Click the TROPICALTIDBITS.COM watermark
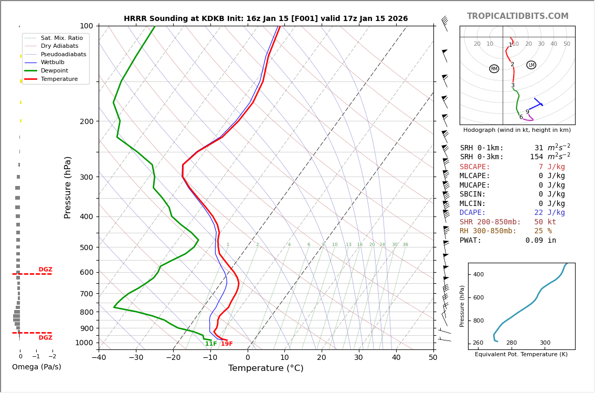click(517, 16)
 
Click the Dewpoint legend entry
click(55, 70)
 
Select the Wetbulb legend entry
click(54, 63)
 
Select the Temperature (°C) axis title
click(265, 368)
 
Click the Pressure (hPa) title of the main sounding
click(68, 187)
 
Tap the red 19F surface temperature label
click(227, 344)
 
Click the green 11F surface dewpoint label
click(211, 344)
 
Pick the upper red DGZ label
click(46, 270)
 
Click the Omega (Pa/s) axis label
click(36, 367)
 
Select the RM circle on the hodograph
click(494, 69)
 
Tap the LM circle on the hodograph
click(531, 65)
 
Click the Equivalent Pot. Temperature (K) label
click(521, 355)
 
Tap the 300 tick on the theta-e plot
click(545, 343)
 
